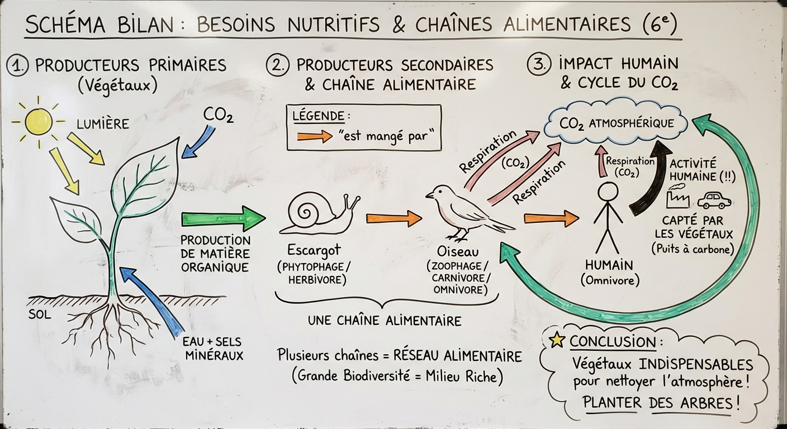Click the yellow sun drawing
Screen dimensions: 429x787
pyautogui.click(x=38, y=121)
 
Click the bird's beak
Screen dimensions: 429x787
pyautogui.click(x=429, y=196)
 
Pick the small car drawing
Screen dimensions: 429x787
pyautogui.click(x=714, y=200)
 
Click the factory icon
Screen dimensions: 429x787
pyautogui.click(x=680, y=199)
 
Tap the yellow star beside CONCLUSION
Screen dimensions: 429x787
pyautogui.click(x=557, y=340)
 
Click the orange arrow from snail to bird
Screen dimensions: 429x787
pyautogui.click(x=393, y=218)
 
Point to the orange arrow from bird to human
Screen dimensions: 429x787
pyautogui.click(x=551, y=218)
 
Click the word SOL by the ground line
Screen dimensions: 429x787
pyautogui.click(x=39, y=314)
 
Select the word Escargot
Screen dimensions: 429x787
pyautogui.click(x=314, y=249)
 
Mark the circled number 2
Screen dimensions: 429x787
pyautogui.click(x=277, y=65)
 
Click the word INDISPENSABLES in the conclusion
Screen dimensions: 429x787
pyautogui.click(x=696, y=365)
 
